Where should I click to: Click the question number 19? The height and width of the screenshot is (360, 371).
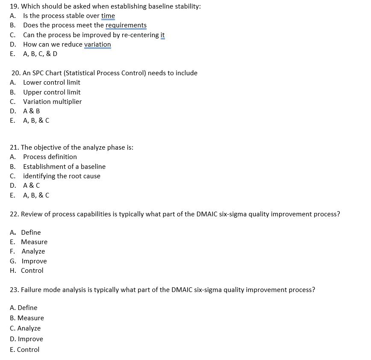click(x=14, y=6)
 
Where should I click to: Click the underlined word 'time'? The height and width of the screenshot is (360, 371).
click(x=108, y=16)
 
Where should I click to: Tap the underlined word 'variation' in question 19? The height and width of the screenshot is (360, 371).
click(x=97, y=44)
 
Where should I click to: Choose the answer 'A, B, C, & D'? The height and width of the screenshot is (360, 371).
click(x=40, y=54)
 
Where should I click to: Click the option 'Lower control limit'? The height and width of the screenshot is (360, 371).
click(x=51, y=83)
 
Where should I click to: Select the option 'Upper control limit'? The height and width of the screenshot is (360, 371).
click(x=52, y=92)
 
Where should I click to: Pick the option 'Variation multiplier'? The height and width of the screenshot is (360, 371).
click(x=52, y=102)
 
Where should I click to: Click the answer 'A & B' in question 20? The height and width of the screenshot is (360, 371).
click(x=32, y=111)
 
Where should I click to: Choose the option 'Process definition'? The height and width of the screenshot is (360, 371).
click(x=50, y=157)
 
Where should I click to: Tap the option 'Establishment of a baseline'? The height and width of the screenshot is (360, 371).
click(x=64, y=167)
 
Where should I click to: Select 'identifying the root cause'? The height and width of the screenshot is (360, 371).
click(x=62, y=176)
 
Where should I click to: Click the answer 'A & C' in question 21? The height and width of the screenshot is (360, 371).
click(x=32, y=186)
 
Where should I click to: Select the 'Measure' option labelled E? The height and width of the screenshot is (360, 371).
click(x=34, y=242)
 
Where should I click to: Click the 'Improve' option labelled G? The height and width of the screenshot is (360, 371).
click(x=34, y=261)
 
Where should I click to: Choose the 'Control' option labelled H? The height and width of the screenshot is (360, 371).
click(x=32, y=271)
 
